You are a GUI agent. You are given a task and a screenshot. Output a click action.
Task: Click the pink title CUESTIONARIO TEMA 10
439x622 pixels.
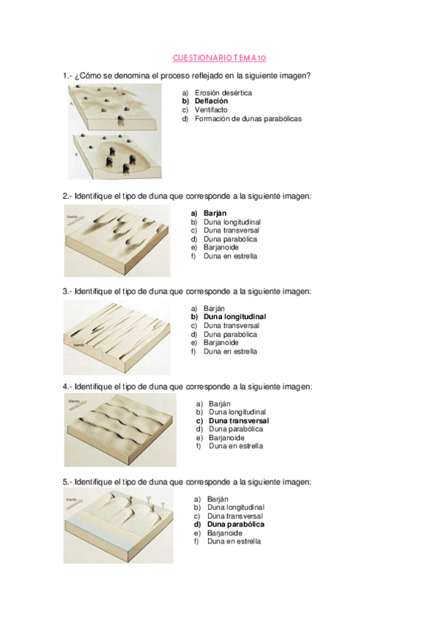click(x=219, y=58)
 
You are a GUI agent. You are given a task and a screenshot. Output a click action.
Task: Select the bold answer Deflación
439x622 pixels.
click(x=211, y=101)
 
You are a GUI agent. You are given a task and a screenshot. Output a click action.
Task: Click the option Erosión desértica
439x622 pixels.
click(x=223, y=93)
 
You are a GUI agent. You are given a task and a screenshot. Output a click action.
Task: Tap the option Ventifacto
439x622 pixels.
click(x=211, y=110)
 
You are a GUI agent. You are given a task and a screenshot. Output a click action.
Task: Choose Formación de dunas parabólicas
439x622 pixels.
click(x=248, y=119)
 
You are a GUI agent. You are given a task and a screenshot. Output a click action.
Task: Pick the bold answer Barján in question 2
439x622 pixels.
click(x=215, y=213)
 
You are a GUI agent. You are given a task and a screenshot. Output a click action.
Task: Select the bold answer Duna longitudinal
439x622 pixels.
click(x=235, y=317)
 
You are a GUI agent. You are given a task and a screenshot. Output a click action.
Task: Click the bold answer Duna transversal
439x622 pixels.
click(x=239, y=421)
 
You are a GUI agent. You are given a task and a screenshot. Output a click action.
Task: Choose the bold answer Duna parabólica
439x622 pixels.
click(x=236, y=524)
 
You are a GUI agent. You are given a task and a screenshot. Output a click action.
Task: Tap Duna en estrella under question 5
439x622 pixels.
click(x=234, y=541)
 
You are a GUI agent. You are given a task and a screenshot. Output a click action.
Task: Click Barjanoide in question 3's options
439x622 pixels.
click(x=221, y=343)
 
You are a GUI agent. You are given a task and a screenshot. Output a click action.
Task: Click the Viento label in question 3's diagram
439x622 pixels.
click(x=79, y=345)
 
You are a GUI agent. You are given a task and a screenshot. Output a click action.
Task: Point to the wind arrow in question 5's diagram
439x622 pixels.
click(x=75, y=503)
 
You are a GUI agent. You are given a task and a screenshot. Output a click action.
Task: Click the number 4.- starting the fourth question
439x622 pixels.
click(x=67, y=387)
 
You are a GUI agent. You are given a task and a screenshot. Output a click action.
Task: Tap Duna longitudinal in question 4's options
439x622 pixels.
click(x=237, y=412)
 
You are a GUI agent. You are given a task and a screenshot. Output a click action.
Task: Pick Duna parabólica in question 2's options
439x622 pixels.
click(x=230, y=239)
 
